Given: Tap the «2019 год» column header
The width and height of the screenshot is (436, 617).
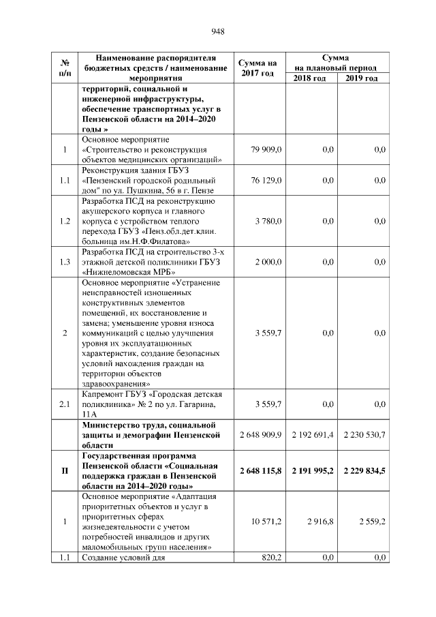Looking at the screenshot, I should click(362, 79).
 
